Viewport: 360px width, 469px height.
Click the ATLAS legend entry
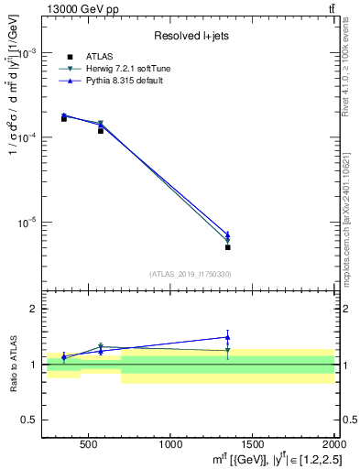(101, 57)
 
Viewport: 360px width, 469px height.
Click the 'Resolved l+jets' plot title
(191, 36)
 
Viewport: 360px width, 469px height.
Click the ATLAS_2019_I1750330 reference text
(191, 274)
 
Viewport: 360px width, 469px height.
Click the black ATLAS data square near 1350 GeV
(227, 247)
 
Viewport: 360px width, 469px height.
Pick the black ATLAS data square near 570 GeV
(101, 131)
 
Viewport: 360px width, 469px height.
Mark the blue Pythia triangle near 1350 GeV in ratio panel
(227, 337)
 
